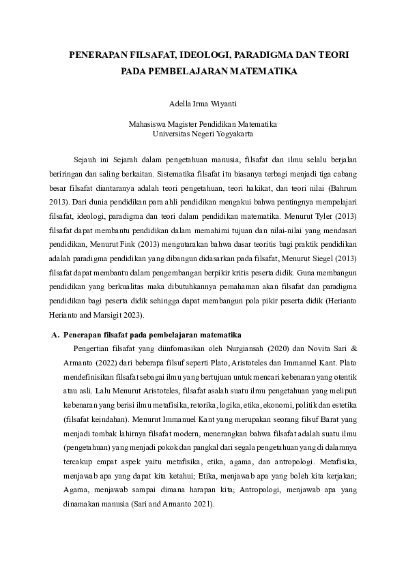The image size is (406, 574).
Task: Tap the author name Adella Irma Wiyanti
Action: (203, 104)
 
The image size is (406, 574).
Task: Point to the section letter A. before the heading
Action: (55, 335)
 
